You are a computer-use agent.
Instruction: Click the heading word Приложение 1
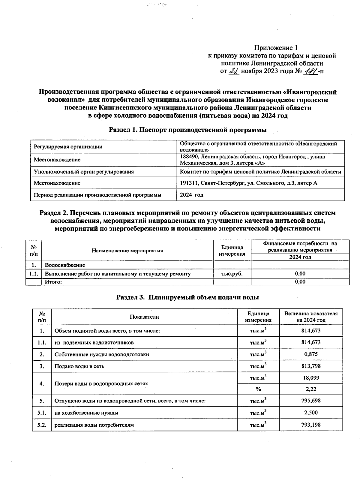pyautogui.click(x=276, y=48)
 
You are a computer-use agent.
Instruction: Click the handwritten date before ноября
pyautogui.click(x=234, y=71)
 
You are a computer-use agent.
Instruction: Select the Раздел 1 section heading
pyautogui.click(x=187, y=130)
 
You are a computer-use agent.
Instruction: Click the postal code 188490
pyautogui.click(x=189, y=157)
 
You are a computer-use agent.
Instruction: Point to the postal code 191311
pyautogui.click(x=189, y=183)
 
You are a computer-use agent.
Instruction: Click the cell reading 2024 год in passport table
pyautogui.click(x=191, y=195)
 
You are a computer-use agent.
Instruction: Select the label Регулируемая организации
pyautogui.click(x=68, y=147)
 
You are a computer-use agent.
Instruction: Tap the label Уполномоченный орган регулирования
pyautogui.click(x=84, y=172)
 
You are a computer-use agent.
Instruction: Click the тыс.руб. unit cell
pyautogui.click(x=232, y=273)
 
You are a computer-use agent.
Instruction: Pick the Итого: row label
pyautogui.click(x=53, y=282)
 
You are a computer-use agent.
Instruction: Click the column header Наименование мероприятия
pyautogui.click(x=127, y=251)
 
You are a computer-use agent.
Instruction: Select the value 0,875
pyautogui.click(x=311, y=354)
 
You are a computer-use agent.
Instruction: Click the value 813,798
pyautogui.click(x=311, y=366)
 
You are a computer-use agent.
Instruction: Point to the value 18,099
pyautogui.click(x=311, y=378)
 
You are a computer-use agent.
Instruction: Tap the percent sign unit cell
pyautogui.click(x=258, y=389)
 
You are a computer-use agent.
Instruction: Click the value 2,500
pyautogui.click(x=311, y=413)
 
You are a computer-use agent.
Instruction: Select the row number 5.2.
pyautogui.click(x=42, y=425)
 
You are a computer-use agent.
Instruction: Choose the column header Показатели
pyautogui.click(x=144, y=317)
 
